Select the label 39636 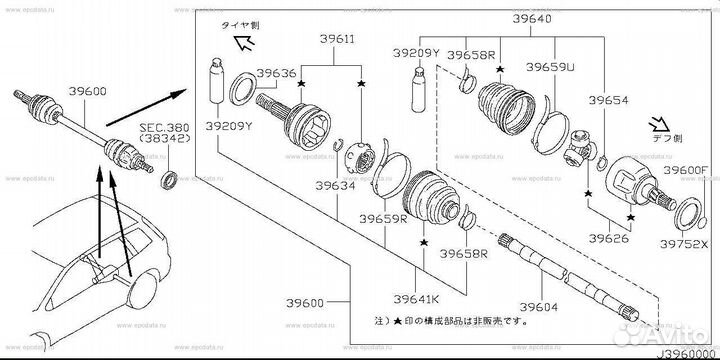pos(277,73)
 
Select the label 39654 pos(609,102)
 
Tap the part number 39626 pos(609,239)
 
